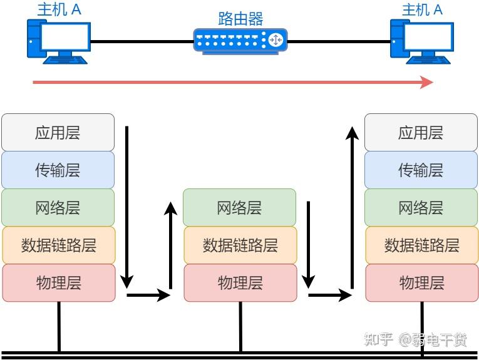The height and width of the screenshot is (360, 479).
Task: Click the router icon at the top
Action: click(x=240, y=40)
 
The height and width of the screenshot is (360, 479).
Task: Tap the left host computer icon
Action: click(x=57, y=41)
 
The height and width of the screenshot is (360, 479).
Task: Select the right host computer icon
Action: click(x=421, y=41)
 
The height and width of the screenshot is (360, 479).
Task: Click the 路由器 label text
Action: click(x=240, y=18)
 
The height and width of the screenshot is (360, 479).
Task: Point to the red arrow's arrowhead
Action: click(x=427, y=82)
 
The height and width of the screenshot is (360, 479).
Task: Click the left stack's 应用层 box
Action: click(x=58, y=132)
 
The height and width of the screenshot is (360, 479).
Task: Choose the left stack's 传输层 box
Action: click(x=58, y=170)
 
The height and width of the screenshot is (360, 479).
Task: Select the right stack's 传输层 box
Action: click(x=421, y=170)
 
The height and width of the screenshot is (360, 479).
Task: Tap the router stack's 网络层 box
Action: click(x=239, y=207)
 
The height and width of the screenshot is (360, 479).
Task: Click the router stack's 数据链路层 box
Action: click(x=240, y=245)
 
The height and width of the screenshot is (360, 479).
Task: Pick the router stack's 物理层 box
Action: click(x=240, y=282)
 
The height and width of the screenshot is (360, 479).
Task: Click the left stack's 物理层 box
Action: click(x=59, y=282)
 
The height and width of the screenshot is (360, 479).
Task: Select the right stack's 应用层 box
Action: click(x=421, y=132)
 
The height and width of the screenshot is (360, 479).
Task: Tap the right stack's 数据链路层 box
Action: click(x=421, y=245)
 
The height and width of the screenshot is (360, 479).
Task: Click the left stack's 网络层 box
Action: click(x=58, y=207)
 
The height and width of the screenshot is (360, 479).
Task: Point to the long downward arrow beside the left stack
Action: click(x=128, y=207)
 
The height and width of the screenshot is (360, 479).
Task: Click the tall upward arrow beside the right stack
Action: click(x=353, y=207)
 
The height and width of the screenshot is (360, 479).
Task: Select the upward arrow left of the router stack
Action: click(x=170, y=244)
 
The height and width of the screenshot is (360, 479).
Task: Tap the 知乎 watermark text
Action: click(x=379, y=340)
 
